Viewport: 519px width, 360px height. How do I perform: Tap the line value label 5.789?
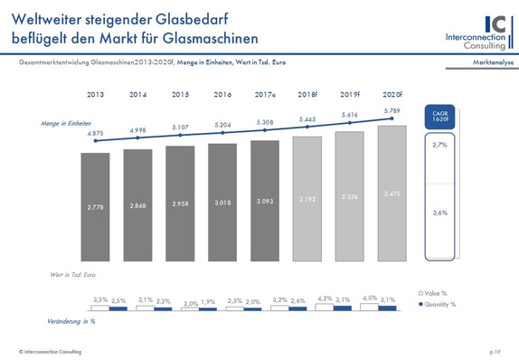pyautogui.click(x=391, y=110)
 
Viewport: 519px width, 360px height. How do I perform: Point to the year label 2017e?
pyautogui.click(x=265, y=93)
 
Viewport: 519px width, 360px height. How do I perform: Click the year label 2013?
pyautogui.click(x=95, y=93)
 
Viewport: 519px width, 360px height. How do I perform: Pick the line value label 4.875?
pyautogui.click(x=95, y=134)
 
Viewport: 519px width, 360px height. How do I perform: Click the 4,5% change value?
pyautogui.click(x=369, y=298)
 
